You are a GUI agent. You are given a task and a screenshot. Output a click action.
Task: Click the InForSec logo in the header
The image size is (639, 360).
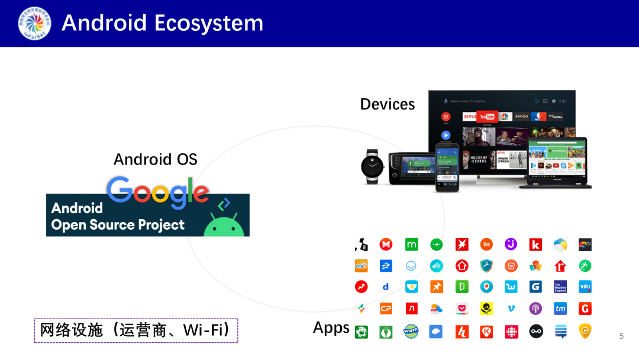click(34, 23)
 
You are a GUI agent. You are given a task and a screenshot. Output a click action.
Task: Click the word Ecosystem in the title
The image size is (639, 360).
click(208, 23)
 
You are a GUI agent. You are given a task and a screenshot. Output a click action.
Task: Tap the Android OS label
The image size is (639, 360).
click(155, 159)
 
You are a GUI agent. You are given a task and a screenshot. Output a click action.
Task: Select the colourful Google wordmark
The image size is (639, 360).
click(158, 192)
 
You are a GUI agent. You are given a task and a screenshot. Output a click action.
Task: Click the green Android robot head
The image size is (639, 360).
click(224, 226)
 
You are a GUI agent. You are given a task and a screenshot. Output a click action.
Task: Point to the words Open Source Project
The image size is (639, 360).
click(118, 225)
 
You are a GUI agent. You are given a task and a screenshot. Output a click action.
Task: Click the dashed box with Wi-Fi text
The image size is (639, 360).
click(135, 330)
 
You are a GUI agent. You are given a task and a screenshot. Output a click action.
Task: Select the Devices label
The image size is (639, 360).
click(388, 104)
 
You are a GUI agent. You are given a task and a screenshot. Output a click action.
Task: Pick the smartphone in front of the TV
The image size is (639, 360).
click(447, 167)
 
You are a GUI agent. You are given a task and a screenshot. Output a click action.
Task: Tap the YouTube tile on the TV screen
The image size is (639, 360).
click(487, 117)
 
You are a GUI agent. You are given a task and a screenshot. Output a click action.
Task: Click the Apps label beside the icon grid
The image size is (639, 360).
click(331, 327)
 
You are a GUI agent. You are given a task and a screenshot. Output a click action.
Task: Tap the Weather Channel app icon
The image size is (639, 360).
click(560, 287)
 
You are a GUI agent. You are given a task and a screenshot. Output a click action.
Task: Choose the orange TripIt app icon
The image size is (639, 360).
click(361, 266)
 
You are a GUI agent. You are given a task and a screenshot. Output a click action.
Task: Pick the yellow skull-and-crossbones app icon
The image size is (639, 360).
click(486, 308)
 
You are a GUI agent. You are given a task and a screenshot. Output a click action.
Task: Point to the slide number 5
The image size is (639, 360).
click(621, 336)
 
